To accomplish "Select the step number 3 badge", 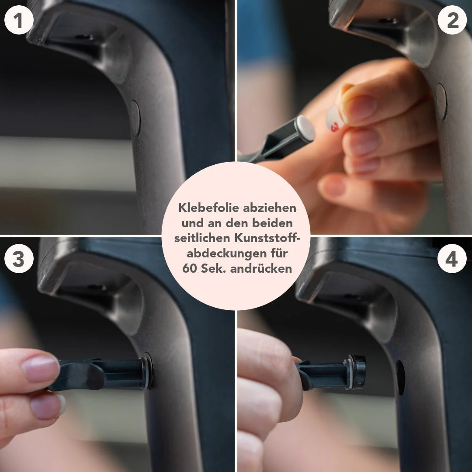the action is (19, 259).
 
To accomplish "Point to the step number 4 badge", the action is (452, 259).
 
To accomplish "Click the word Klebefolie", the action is (208, 208).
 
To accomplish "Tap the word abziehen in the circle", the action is (270, 208).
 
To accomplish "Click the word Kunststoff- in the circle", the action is (267, 238).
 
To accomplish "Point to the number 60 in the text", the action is (189, 268).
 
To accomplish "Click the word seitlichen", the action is (202, 238).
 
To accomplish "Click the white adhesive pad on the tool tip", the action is (305, 128).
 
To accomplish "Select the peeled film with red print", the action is (335, 118).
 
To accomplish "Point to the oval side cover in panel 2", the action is (441, 102).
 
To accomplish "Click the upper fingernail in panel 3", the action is (40, 368).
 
